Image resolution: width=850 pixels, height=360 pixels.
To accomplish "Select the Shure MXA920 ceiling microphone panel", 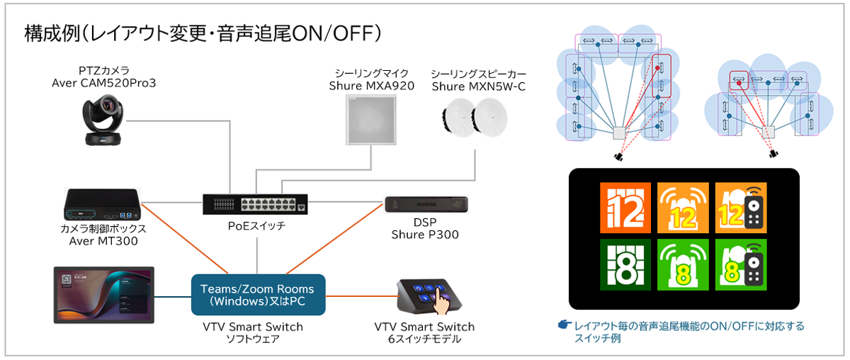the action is coord(370,120).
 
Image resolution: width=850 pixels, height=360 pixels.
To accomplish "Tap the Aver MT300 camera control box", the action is coord(103,204).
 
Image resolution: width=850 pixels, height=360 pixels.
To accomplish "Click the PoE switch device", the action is coord(255,204).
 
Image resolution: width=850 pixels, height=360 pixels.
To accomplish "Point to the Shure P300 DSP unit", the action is coord(426,204).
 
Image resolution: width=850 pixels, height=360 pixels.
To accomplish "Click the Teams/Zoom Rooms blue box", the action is coord(258,295).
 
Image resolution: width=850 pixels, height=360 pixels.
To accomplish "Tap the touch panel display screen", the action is coord(104,295).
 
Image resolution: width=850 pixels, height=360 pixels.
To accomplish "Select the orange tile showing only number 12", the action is coord(625,208).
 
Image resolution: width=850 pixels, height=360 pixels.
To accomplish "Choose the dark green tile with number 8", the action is coord(625,264).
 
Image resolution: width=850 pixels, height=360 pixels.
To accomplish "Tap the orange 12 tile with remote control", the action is coord(741,208).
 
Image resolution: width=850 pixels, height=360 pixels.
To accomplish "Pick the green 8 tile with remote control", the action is coord(741,264).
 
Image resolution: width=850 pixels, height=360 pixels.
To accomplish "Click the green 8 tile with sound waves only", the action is coord(683,264).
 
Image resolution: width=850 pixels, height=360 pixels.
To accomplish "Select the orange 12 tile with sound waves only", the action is coord(683,208).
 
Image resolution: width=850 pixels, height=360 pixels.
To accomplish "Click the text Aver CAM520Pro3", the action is coord(104,83).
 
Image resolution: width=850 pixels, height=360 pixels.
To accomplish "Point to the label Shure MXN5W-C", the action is coord(479,86).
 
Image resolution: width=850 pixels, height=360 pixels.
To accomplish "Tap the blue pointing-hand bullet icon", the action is coord(565,325).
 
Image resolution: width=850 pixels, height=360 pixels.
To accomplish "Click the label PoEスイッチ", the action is coord(256,226).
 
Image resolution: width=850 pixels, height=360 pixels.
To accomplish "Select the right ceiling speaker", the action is coord(490,117).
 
